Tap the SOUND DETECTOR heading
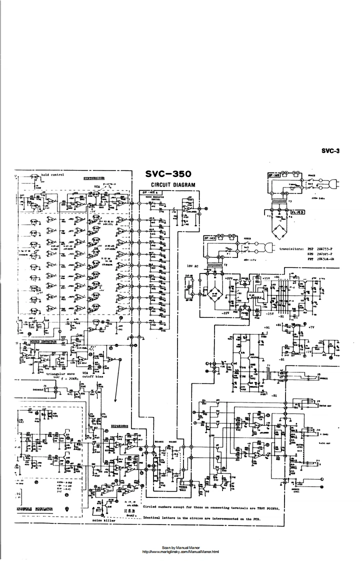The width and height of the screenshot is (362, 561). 42,342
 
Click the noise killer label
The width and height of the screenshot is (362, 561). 104,520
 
